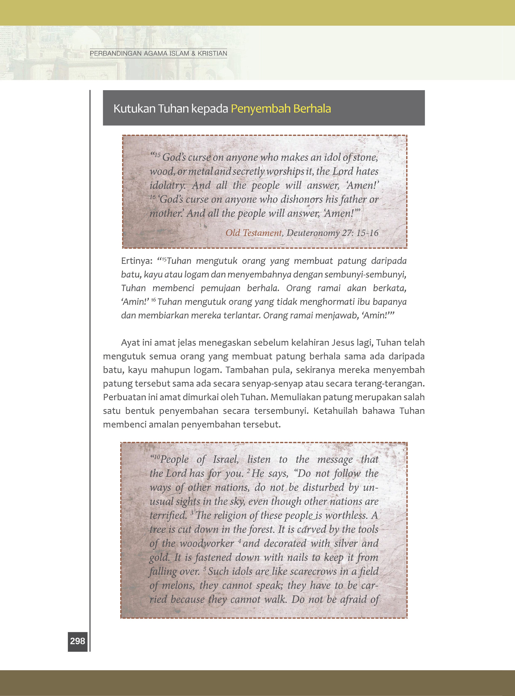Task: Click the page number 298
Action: click(77, 641)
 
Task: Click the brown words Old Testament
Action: click(253, 233)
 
